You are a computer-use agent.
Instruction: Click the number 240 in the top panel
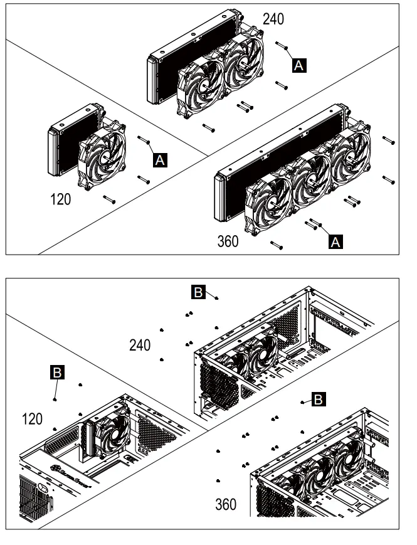(x=273, y=19)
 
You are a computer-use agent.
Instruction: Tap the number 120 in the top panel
(x=61, y=200)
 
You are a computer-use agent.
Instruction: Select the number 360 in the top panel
(x=226, y=241)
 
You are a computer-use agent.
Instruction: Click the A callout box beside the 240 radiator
(x=300, y=64)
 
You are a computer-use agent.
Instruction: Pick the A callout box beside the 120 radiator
(x=161, y=161)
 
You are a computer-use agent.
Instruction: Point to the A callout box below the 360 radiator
(x=336, y=241)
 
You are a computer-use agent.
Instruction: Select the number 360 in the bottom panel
(x=226, y=504)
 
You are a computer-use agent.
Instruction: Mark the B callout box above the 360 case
(x=319, y=398)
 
